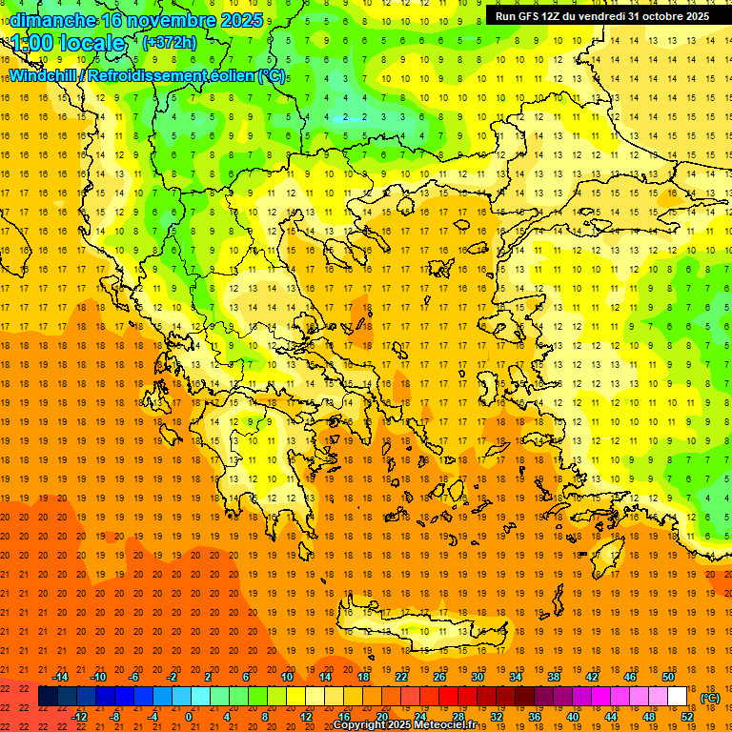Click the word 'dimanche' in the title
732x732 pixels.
(52, 20)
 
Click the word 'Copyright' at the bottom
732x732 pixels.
(360, 725)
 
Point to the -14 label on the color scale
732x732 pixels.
(60, 677)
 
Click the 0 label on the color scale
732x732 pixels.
(188, 717)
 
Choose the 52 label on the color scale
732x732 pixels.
(686, 717)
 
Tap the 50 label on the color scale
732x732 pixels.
(668, 677)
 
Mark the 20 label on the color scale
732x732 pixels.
(381, 717)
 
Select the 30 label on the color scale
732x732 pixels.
(478, 677)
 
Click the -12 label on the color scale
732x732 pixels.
(79, 717)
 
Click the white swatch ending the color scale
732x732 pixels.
(678, 697)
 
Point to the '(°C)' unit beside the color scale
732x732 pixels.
(710, 698)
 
